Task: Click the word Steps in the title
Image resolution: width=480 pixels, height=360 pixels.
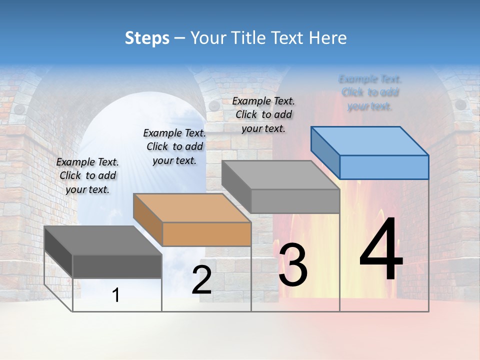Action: pyautogui.click(x=147, y=38)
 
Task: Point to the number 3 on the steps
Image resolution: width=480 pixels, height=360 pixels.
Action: pyautogui.click(x=292, y=265)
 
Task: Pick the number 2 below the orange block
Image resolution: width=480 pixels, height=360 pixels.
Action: pyautogui.click(x=201, y=280)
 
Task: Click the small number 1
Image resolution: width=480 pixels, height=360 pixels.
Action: pyautogui.click(x=115, y=295)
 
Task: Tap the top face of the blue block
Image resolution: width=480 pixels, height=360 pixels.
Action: pyautogui.click(x=370, y=141)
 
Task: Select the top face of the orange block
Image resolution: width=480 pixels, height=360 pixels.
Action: pyautogui.click(x=191, y=207)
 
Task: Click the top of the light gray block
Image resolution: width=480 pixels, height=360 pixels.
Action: pyautogui.click(x=280, y=175)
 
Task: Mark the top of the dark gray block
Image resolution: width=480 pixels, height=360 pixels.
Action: pyautogui.click(x=103, y=240)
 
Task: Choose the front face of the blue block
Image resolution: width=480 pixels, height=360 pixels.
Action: pyautogui.click(x=384, y=167)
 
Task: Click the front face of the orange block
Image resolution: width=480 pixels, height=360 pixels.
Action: pyautogui.click(x=206, y=234)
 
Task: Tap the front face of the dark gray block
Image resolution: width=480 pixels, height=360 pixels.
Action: pyautogui.click(x=117, y=266)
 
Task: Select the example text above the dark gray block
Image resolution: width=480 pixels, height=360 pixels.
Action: pyautogui.click(x=88, y=175)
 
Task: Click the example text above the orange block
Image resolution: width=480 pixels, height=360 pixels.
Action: pyautogui.click(x=174, y=146)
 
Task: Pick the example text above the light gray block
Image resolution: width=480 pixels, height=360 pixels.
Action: pyautogui.click(x=263, y=114)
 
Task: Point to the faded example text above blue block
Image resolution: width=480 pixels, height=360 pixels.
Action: pyautogui.click(x=370, y=92)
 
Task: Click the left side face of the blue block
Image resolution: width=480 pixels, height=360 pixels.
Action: pyautogui.click(x=325, y=152)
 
